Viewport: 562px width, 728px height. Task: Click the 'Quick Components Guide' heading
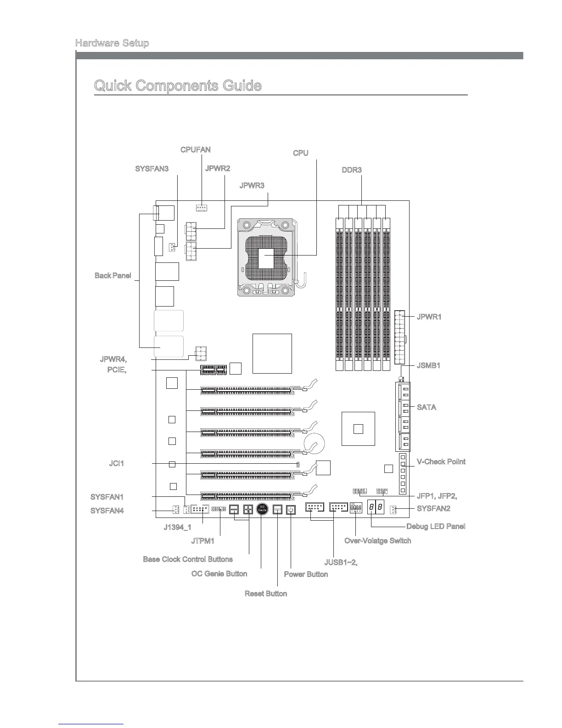click(x=178, y=86)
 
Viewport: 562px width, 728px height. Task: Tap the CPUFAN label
click(x=195, y=150)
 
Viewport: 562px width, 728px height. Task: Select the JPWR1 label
click(x=429, y=317)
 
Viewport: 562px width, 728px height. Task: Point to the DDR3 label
click(x=352, y=170)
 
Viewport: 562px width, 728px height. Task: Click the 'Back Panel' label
click(x=112, y=276)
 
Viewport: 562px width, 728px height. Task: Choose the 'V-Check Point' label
click(x=441, y=461)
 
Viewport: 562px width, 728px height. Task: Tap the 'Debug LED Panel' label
click(x=436, y=526)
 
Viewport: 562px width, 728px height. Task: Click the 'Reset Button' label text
click(x=266, y=594)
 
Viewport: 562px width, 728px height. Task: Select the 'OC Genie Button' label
click(x=219, y=574)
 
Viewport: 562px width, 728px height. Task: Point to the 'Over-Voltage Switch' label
click(x=377, y=540)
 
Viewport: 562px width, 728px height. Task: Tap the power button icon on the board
click(x=291, y=510)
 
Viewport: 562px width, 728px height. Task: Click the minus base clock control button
click(x=234, y=509)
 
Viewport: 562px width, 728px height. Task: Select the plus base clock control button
click(x=248, y=509)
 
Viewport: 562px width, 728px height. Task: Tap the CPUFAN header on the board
click(x=201, y=208)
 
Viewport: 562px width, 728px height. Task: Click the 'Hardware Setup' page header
click(x=112, y=43)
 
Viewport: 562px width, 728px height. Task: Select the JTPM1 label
click(x=203, y=541)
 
